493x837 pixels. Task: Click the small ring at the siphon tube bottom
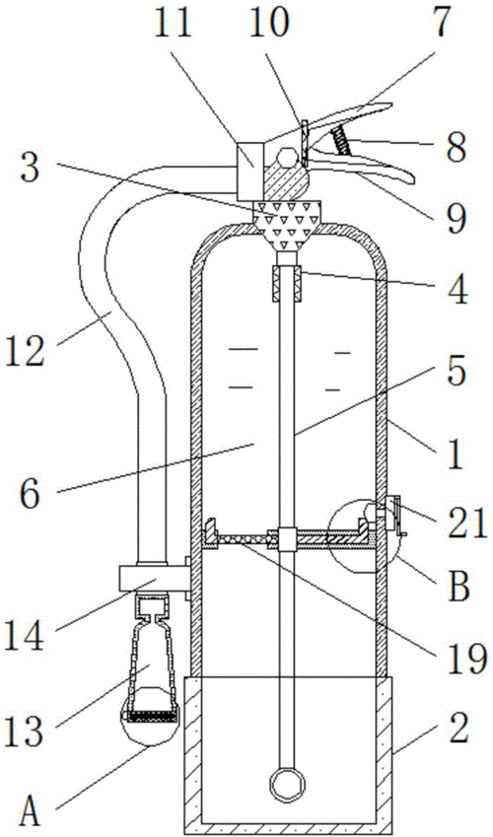(286, 786)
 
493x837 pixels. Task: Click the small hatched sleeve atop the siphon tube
(287, 285)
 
